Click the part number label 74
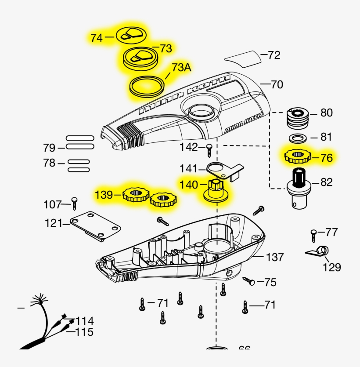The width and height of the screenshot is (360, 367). tap(97, 38)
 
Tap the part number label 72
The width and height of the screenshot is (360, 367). tap(274, 55)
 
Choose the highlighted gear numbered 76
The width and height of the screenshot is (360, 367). tap(298, 156)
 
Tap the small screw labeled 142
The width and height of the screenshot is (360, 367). tap(210, 149)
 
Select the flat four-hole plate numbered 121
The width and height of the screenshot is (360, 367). tap(96, 226)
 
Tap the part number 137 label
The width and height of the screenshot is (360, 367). tap(275, 257)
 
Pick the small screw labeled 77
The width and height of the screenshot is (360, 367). tap(314, 235)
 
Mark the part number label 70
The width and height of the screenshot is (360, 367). tap(277, 84)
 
